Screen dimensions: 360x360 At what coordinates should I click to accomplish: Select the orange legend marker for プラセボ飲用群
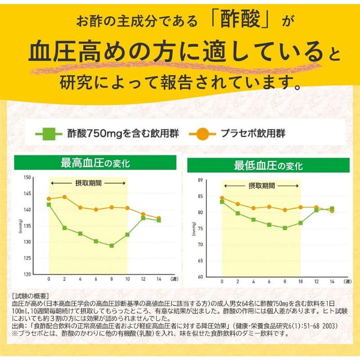pos(202,133)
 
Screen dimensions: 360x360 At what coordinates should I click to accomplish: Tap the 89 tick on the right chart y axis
pos(213,180)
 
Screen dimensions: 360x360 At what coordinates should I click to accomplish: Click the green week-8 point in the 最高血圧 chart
pos(112,246)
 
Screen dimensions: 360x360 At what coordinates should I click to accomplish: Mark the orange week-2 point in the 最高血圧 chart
pos(64,197)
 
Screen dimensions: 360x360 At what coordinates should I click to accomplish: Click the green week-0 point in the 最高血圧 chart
pos(49,204)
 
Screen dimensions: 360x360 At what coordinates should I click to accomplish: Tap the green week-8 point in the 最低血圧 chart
pos(284,228)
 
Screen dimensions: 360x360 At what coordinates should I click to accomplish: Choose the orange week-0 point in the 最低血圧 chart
pos(221,198)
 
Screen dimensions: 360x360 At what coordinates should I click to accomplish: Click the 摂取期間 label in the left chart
pos(88,184)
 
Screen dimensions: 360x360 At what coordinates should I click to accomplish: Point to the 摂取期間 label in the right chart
pos(261,185)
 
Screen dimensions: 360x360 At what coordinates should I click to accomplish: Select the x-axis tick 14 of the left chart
pos(158,279)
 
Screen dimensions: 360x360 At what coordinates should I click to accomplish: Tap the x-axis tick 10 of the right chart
pos(300,282)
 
